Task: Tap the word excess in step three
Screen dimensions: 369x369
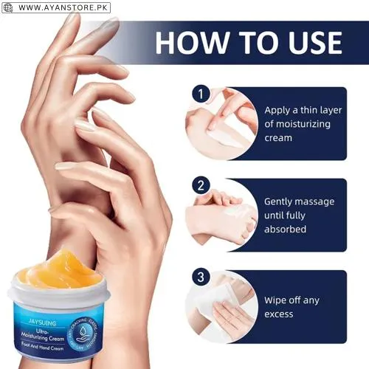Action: coord(280,314)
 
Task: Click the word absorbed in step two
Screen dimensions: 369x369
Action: coord(286,230)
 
